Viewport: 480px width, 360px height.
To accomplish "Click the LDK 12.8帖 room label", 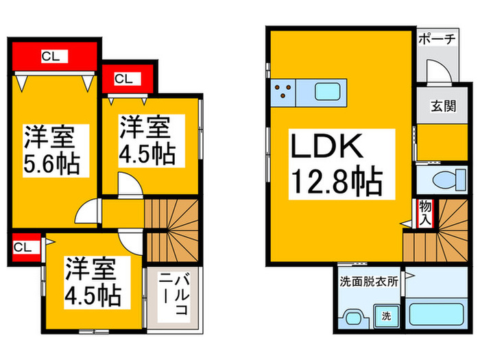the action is point(341,165).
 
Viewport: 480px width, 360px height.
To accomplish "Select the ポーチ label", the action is point(437,39).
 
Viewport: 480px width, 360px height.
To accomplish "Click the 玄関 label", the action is point(443,106).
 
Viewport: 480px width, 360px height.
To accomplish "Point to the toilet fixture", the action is point(450,180).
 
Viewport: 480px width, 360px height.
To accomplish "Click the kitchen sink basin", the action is point(328,92).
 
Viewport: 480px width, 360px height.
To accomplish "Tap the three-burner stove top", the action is point(283,93).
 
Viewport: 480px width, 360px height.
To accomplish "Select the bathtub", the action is point(437,314).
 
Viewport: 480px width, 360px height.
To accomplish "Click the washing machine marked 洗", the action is point(386,315).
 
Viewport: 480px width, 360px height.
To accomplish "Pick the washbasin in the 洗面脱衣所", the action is point(354,319).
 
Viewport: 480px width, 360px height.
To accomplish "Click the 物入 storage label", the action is point(425,213).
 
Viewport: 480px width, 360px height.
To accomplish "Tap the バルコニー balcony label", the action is point(174,295).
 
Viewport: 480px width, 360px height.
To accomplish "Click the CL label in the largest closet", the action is point(54,56).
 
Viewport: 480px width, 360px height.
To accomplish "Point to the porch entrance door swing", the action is point(440,71).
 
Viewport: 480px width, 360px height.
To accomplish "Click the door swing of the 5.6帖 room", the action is point(88,211).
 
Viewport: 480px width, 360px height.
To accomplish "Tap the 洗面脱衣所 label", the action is point(369,281).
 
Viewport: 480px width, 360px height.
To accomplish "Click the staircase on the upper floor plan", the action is point(172,230).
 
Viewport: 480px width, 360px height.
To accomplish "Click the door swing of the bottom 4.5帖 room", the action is point(131,241).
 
